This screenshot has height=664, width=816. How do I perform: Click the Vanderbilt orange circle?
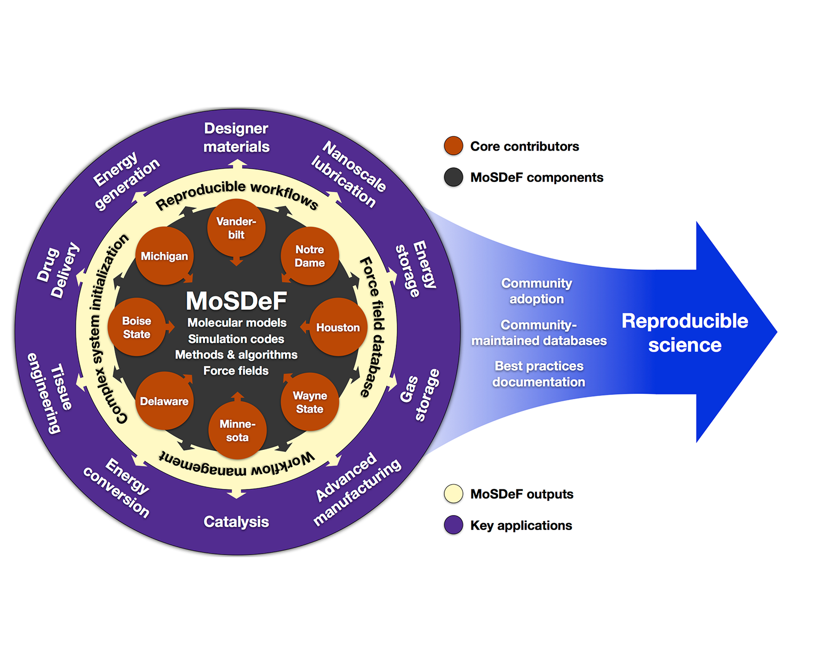(x=236, y=228)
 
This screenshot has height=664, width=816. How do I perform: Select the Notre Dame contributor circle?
(x=310, y=256)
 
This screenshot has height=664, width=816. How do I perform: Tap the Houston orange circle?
(x=338, y=327)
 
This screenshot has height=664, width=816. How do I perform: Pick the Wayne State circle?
(x=310, y=402)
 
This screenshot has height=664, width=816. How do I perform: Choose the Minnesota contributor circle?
(x=237, y=430)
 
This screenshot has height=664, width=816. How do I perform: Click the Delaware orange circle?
(x=164, y=401)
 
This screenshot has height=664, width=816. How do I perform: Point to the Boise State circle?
(x=137, y=327)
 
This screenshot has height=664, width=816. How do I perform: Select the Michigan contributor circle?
(x=164, y=256)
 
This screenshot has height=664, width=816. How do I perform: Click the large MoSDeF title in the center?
(x=236, y=301)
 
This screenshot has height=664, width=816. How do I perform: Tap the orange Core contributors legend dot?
(x=453, y=146)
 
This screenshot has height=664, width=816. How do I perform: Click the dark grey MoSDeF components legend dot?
(x=453, y=177)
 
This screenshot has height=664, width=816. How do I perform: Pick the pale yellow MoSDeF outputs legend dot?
(x=453, y=494)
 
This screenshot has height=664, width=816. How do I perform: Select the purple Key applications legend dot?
(x=453, y=525)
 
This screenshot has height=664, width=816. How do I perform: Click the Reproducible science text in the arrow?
(x=685, y=333)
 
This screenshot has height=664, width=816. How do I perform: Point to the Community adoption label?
(x=537, y=291)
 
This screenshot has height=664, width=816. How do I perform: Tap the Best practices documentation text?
(x=539, y=374)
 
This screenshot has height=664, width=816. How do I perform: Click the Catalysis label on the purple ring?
(x=236, y=521)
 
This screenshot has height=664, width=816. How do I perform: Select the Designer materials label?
(x=236, y=137)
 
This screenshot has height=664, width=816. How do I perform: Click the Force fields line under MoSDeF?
(x=236, y=370)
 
